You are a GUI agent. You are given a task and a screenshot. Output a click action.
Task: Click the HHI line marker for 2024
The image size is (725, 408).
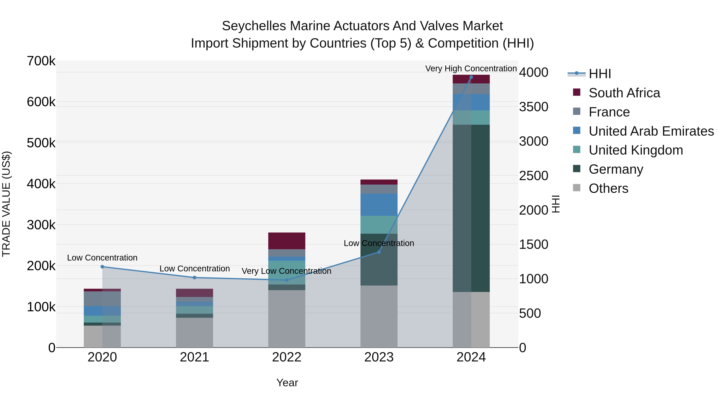tap(471, 77)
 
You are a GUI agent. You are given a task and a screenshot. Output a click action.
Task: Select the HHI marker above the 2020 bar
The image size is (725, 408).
tap(102, 267)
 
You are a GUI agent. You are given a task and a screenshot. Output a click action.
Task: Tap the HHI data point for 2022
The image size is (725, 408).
tap(287, 280)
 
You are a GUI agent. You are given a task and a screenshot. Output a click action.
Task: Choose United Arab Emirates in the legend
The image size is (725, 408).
tap(651, 131)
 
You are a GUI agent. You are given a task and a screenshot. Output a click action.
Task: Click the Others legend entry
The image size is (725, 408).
tap(608, 188)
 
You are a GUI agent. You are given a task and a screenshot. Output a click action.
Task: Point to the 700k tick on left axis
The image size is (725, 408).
tap(41, 61)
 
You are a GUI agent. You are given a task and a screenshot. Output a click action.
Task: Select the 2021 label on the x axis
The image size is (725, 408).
tap(195, 357)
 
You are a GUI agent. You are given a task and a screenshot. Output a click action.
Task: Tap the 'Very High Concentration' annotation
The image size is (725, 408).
tap(471, 69)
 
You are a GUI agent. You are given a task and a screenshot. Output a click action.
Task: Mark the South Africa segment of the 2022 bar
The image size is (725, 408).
tap(287, 241)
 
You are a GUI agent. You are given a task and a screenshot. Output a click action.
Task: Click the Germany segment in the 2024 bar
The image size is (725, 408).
tap(471, 208)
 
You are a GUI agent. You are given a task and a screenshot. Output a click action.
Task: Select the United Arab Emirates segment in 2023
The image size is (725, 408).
tap(379, 205)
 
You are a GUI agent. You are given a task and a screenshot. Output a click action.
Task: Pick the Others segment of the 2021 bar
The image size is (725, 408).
tap(195, 332)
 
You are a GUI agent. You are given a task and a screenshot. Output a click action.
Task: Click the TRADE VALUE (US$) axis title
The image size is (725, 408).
tap(6, 204)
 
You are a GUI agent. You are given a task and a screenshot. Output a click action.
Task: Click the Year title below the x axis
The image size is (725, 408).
tap(287, 383)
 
